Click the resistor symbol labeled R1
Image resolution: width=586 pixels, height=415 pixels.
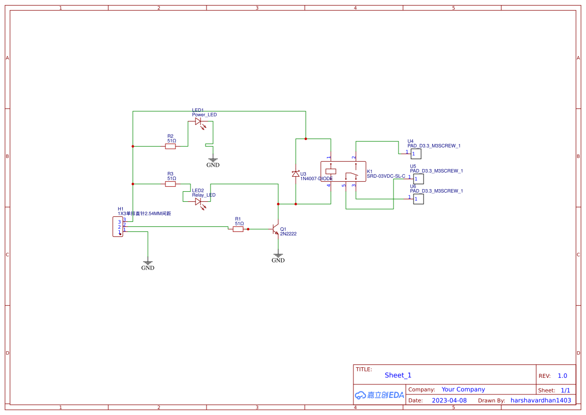tap(239, 229)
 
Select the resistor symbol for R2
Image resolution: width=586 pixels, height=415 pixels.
tap(170, 147)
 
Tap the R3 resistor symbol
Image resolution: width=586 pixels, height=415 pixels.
tap(170, 184)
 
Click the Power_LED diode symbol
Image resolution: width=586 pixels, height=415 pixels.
tap(198, 121)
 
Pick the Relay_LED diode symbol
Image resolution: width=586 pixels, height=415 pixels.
tap(198, 202)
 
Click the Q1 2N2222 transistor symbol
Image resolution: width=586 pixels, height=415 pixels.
tap(275, 229)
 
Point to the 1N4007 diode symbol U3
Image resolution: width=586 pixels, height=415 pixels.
tap(296, 174)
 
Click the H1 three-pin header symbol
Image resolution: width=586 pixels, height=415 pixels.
tap(118, 226)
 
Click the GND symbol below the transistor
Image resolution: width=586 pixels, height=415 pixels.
tap(278, 257)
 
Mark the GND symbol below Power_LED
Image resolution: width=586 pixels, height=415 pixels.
tap(213, 162)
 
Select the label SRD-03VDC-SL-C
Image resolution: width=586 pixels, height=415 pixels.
tap(386, 176)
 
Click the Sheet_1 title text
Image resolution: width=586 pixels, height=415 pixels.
tap(398, 375)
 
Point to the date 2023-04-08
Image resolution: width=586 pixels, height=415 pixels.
tap(449, 400)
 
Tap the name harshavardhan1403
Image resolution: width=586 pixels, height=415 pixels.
tap(540, 400)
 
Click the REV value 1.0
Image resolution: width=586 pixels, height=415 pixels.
tap(562, 376)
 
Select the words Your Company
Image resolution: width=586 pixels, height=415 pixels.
tap(463, 389)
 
